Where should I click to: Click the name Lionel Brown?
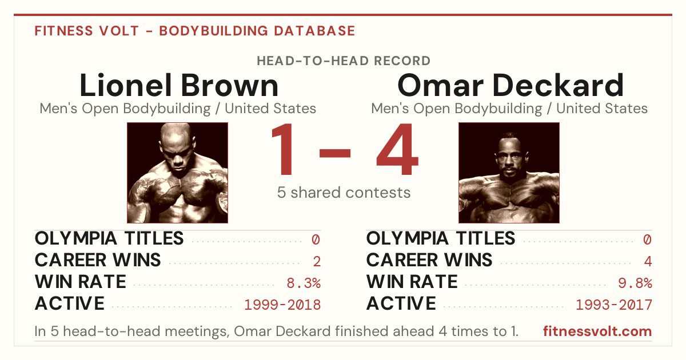tap(179, 85)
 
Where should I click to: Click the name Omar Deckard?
tap(510, 85)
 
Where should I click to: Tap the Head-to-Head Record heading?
tap(344, 61)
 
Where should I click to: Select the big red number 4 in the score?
tap(397, 149)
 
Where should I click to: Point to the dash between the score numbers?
tap(335, 153)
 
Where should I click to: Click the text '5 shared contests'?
tap(344, 193)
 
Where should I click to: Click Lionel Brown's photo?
tap(178, 173)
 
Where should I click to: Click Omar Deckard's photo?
tap(509, 173)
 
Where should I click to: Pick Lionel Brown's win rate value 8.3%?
tap(304, 283)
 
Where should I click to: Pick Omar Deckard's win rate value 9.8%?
tap(635, 283)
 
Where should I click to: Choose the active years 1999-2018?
tap(282, 305)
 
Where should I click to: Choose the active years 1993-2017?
tap(614, 305)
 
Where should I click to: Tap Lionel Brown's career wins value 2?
tap(317, 262)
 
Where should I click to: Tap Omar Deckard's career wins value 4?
tap(648, 262)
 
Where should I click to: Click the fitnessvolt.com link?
tap(597, 331)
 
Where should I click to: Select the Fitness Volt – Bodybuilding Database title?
tap(195, 31)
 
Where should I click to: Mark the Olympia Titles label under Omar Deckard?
tap(441, 238)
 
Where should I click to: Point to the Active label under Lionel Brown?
tap(70, 303)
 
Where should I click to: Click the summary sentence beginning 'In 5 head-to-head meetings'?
tap(276, 331)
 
